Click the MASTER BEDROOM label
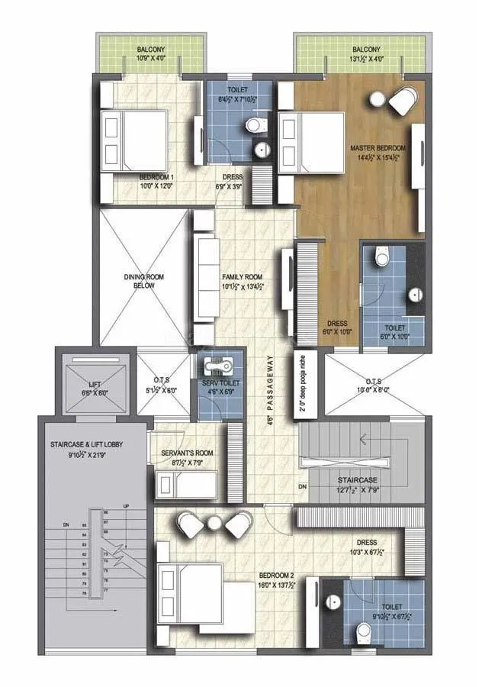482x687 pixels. pos(378,147)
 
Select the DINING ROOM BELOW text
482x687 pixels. pos(140,281)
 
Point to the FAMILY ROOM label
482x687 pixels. pos(242,277)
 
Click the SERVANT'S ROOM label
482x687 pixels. pos(187,453)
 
